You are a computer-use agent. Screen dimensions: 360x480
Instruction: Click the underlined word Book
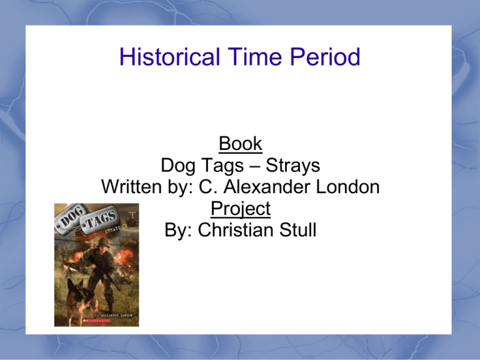pos(240,144)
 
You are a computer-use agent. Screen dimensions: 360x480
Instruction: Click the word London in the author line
pos(349,187)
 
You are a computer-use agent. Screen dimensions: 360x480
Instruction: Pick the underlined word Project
pos(240,209)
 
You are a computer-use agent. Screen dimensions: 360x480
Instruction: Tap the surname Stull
pos(296,230)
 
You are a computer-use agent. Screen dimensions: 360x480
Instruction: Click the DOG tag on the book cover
pos(70,219)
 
